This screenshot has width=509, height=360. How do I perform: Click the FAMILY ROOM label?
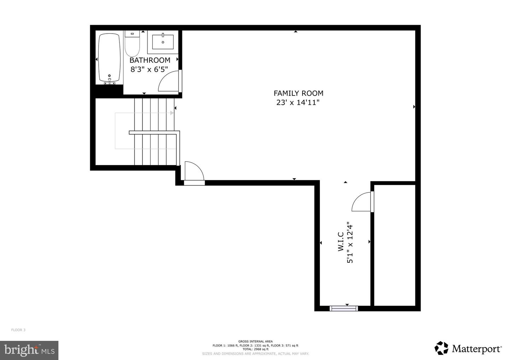298,93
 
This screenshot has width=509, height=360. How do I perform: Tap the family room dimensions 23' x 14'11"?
298,103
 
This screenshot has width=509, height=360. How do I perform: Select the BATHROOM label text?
150,60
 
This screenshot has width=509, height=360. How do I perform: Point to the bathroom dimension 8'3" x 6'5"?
149,69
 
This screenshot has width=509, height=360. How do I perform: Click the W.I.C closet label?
341,242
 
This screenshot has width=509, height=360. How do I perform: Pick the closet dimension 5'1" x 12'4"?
350,243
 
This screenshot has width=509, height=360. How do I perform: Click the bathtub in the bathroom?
109,58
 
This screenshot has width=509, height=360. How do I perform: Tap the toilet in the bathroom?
132,43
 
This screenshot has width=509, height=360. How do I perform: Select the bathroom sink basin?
163,42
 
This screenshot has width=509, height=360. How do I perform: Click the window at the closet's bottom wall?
344,308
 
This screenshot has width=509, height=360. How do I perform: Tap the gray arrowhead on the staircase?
172,113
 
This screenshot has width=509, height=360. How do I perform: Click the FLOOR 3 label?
18,330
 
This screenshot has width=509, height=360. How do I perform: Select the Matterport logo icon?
441,348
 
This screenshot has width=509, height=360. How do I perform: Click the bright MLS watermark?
29,350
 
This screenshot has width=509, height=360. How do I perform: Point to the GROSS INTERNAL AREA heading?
256,341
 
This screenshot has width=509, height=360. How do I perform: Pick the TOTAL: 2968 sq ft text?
256,349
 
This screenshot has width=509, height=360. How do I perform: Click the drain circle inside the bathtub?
109,75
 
